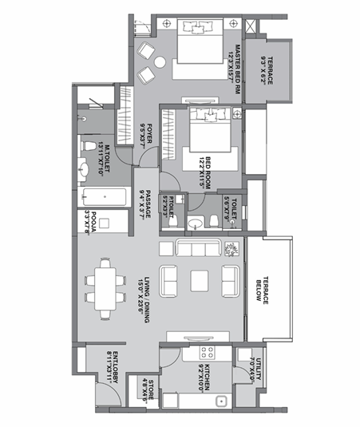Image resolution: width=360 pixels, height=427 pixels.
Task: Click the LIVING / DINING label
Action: pyautogui.click(x=146, y=291)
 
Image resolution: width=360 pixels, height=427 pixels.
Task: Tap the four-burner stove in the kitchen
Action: pyautogui.click(x=207, y=352)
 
